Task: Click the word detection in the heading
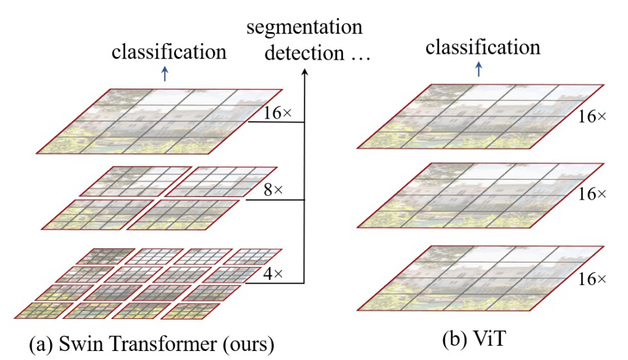304,53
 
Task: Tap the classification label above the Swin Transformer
169,52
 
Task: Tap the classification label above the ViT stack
483,47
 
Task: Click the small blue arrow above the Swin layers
164,74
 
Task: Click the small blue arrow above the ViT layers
478,69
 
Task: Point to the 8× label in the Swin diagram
273,189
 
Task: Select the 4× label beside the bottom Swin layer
273,273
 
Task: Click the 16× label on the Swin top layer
277,113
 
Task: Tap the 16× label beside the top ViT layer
592,117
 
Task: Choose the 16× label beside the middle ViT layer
592,194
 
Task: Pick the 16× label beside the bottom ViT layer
592,279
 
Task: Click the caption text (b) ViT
474,339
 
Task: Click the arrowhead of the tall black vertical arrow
304,72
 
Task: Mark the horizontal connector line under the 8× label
275,200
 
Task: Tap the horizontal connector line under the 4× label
275,283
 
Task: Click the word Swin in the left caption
82,343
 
